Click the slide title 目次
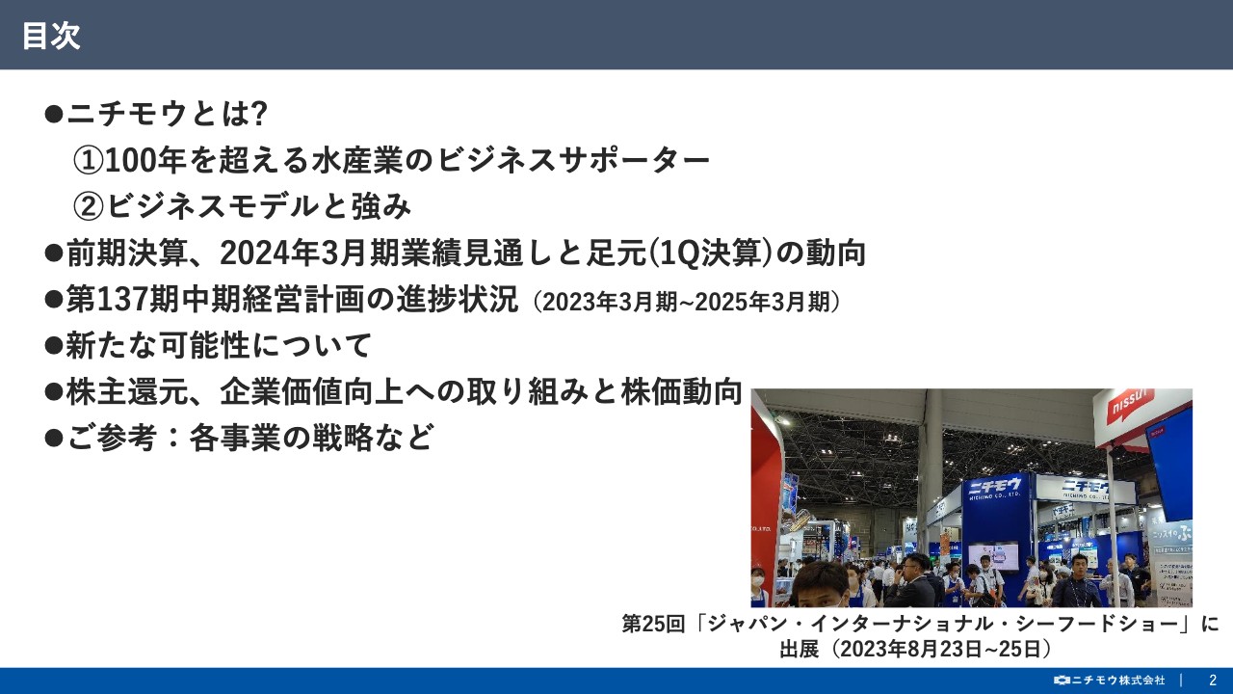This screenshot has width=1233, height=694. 51,36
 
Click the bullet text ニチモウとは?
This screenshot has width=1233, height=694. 166,114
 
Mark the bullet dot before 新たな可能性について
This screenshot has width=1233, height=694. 54,346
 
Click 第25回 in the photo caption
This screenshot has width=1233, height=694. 654,624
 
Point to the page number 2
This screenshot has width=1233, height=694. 1213,680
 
